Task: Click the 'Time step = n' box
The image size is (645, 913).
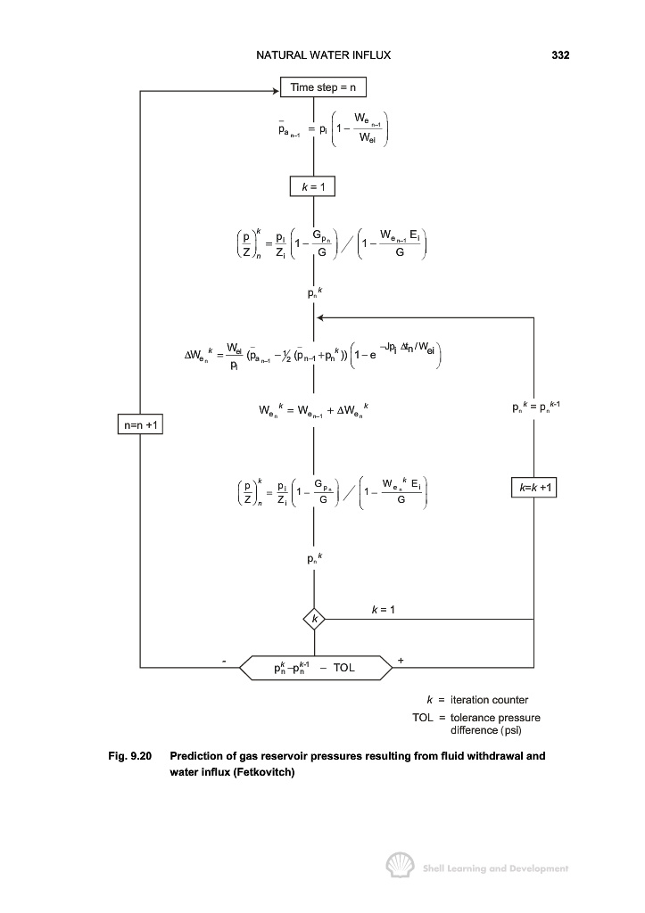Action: point(323,87)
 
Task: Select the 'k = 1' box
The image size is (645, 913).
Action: point(312,187)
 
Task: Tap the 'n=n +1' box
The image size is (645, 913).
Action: point(140,424)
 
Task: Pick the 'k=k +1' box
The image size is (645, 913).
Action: point(533,487)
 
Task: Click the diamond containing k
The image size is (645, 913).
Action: point(314,619)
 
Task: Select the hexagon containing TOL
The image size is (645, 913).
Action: point(316,667)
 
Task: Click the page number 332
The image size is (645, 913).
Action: point(560,55)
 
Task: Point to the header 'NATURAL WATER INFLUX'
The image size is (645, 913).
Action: point(323,55)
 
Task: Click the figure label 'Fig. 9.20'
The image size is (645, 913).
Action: point(130,756)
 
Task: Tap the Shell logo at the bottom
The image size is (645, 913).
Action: point(401,865)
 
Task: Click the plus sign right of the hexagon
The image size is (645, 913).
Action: point(401,661)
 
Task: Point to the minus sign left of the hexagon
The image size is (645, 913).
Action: point(224,662)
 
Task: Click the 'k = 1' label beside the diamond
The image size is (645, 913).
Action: point(383,610)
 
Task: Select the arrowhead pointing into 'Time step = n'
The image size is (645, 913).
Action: point(277,91)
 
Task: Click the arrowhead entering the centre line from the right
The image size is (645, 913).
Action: point(320,317)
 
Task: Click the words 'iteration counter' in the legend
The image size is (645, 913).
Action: point(489,700)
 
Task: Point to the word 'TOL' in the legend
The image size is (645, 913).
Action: point(423,718)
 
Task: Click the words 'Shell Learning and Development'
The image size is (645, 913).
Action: point(495,868)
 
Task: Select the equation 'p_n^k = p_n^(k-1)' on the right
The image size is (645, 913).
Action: point(536,407)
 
